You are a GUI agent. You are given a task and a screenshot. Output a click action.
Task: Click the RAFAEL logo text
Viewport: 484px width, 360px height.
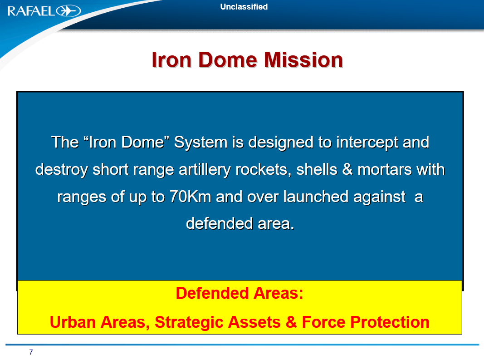(x=31, y=11)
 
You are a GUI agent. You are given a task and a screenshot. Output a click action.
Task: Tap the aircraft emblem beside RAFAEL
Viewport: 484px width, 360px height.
(x=68, y=11)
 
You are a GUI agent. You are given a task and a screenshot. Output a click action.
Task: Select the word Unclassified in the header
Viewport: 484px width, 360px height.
(x=244, y=7)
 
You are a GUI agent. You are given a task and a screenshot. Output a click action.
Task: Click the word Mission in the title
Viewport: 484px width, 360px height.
(x=303, y=60)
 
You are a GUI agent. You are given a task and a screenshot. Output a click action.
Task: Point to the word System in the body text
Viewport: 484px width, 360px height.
(x=201, y=143)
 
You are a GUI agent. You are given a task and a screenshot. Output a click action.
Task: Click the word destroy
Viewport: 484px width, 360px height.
(x=61, y=170)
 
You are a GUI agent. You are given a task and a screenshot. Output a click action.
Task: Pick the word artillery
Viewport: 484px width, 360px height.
(x=205, y=170)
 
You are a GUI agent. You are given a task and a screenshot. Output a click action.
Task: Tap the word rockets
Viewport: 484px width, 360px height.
(x=263, y=170)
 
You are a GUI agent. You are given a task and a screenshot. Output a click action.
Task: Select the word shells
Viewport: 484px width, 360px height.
(x=317, y=169)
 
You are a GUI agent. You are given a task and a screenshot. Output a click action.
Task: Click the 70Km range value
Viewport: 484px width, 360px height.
(x=191, y=197)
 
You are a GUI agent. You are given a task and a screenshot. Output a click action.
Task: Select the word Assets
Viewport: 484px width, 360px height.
(x=251, y=322)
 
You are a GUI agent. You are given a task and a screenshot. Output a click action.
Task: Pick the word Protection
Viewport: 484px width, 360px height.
(x=390, y=322)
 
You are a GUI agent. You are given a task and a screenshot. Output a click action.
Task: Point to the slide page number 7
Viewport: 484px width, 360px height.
(x=31, y=352)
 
